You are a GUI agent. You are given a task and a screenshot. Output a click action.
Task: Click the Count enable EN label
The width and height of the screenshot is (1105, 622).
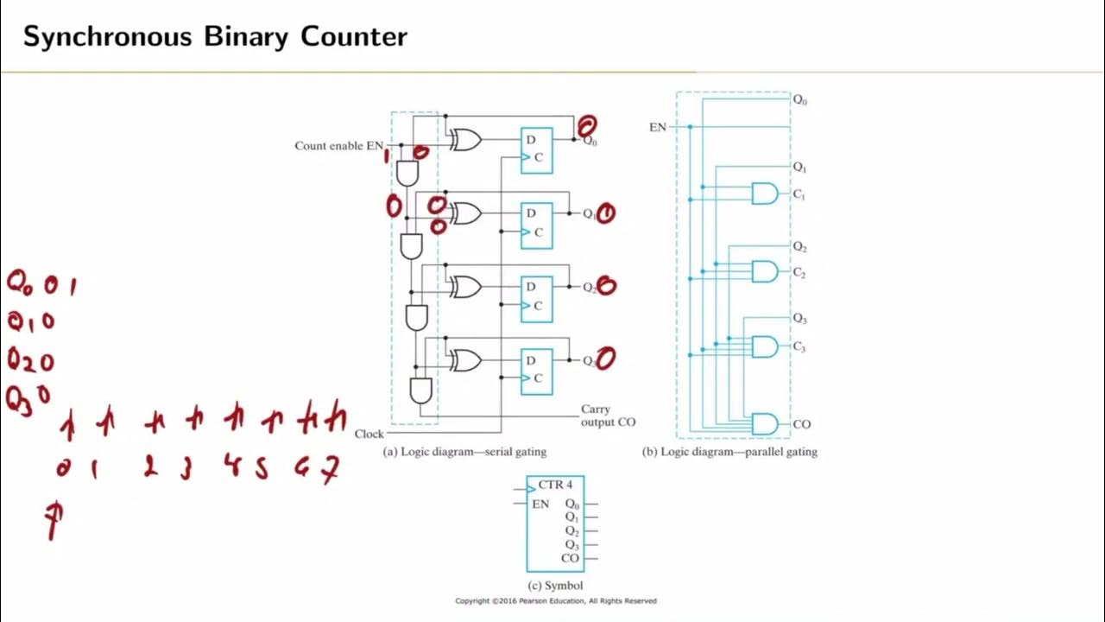tap(338, 146)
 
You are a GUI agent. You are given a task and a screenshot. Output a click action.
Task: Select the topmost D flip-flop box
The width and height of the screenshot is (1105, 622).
tap(536, 149)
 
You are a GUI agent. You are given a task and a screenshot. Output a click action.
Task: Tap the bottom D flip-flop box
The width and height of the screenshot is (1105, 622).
tap(536, 371)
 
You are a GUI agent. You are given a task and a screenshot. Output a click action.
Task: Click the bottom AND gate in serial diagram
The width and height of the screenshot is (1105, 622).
tap(420, 390)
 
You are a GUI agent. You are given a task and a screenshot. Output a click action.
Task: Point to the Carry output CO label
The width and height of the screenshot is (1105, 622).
tap(608, 416)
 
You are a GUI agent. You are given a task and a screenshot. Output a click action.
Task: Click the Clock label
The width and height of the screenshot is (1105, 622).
tap(369, 434)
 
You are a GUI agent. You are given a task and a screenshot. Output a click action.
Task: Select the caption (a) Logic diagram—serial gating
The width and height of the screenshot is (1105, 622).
tap(464, 452)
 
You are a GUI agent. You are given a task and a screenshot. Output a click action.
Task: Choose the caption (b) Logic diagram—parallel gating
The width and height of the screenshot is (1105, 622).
tap(730, 452)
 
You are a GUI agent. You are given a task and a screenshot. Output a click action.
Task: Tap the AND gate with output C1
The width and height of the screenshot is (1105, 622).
tap(764, 194)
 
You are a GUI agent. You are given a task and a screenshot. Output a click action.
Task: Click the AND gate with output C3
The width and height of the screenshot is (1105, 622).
tap(764, 347)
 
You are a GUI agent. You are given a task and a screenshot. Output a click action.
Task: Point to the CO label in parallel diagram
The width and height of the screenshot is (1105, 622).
tap(801, 424)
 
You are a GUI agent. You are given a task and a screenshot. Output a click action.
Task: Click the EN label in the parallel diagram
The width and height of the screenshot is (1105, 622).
tap(658, 127)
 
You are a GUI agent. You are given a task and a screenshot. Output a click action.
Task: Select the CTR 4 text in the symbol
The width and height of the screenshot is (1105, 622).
tap(555, 485)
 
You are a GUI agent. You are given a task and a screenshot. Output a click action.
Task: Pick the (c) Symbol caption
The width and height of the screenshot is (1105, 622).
tap(554, 586)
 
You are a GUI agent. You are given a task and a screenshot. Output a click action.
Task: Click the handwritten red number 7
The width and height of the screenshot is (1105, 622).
tap(331, 470)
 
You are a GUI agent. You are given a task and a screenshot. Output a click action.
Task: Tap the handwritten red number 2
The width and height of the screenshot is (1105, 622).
tap(151, 468)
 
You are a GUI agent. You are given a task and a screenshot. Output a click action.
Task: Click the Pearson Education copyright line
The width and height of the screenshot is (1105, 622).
tap(556, 600)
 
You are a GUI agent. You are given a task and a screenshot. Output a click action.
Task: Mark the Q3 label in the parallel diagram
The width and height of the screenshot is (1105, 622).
tap(800, 320)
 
